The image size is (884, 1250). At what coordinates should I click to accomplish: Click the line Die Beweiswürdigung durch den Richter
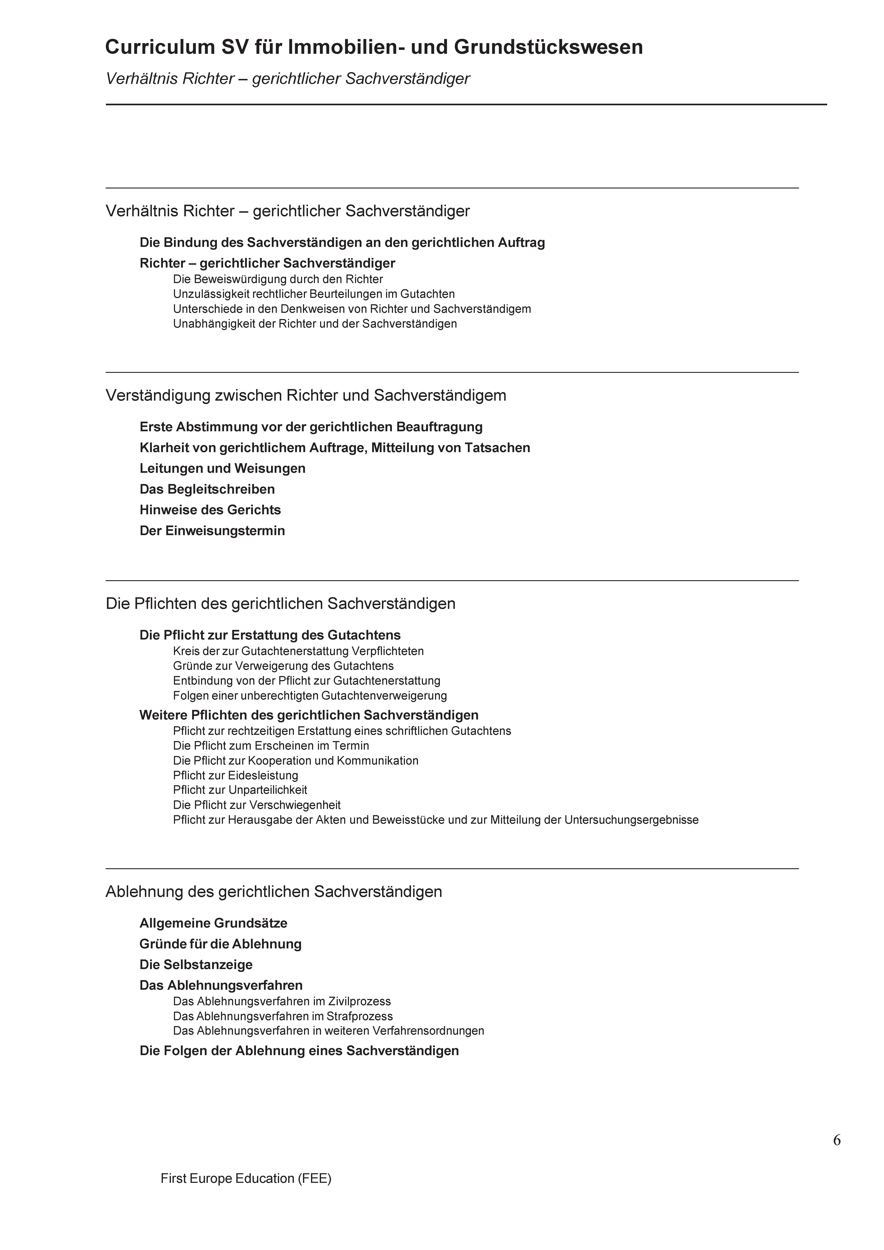[x=278, y=279]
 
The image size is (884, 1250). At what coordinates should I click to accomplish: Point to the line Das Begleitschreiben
[x=207, y=490]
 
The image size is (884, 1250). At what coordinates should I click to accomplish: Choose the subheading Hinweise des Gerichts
[x=210, y=510]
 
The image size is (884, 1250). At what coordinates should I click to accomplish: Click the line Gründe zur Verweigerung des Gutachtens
[x=283, y=666]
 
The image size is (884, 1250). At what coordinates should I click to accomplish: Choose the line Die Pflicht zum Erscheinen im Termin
[x=271, y=746]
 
